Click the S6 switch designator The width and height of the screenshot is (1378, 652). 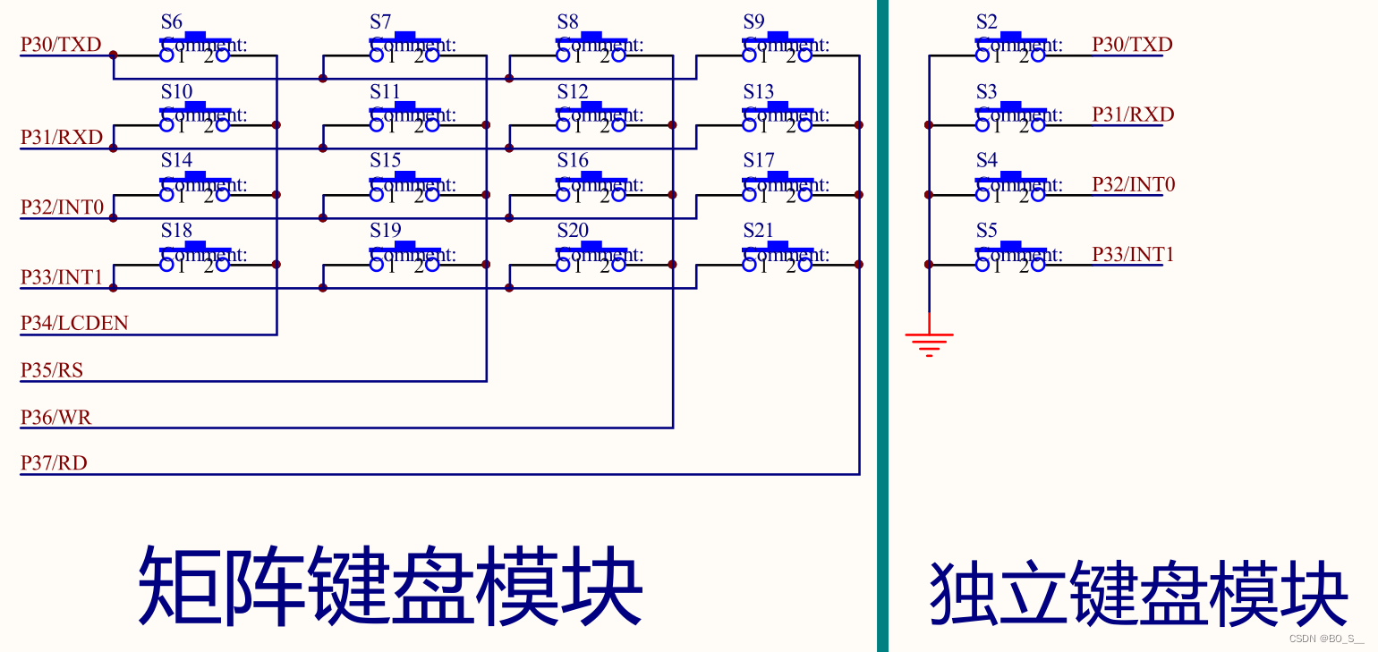171,22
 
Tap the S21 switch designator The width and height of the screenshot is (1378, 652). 758,231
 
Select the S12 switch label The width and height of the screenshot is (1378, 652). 573,91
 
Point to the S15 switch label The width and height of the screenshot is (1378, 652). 386,161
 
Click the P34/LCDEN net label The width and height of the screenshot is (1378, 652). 74,323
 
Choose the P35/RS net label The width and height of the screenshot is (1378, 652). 52,369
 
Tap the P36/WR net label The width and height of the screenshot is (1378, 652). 56,417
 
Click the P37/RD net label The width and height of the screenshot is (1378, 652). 54,463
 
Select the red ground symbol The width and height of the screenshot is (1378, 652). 929,342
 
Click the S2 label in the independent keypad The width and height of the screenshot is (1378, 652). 986,22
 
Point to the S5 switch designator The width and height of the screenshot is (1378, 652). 986,231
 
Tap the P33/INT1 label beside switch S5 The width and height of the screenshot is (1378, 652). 1133,255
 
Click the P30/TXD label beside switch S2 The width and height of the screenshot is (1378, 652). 1132,45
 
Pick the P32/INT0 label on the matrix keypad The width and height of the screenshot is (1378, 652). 63,207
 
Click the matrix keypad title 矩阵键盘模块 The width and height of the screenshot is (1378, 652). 391,587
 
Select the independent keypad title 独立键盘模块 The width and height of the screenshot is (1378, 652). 1138,594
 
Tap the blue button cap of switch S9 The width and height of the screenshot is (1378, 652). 778,35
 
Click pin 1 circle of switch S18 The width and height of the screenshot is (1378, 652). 167,265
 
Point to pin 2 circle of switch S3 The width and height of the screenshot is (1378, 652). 1038,125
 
